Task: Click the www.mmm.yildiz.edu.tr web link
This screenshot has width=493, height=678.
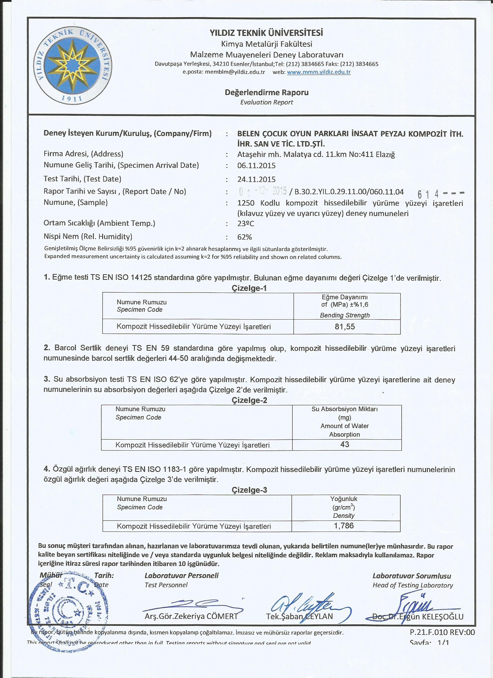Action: (x=319, y=72)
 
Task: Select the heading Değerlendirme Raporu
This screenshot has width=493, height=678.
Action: (x=267, y=93)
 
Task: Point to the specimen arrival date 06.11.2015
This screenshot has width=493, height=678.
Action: (x=256, y=166)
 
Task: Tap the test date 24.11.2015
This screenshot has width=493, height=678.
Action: (x=256, y=180)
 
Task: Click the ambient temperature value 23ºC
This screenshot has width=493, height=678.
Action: (x=245, y=224)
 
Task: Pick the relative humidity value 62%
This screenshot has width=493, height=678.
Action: (x=244, y=237)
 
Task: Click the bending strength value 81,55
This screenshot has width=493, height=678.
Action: (x=345, y=327)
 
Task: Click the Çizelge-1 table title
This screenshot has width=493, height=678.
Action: (x=249, y=288)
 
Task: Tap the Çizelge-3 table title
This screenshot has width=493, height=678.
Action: (x=249, y=490)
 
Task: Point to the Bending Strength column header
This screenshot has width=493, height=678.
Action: (x=345, y=315)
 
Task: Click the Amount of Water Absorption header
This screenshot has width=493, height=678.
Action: (x=345, y=430)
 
